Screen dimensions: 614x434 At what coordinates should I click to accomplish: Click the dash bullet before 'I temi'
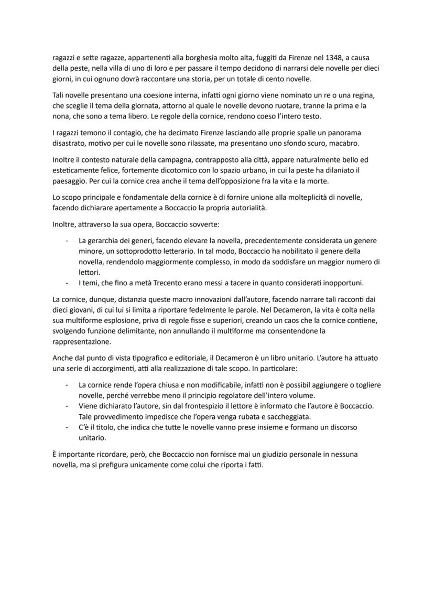(x=67, y=283)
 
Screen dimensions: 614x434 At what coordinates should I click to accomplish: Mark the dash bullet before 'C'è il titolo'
(x=67, y=427)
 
